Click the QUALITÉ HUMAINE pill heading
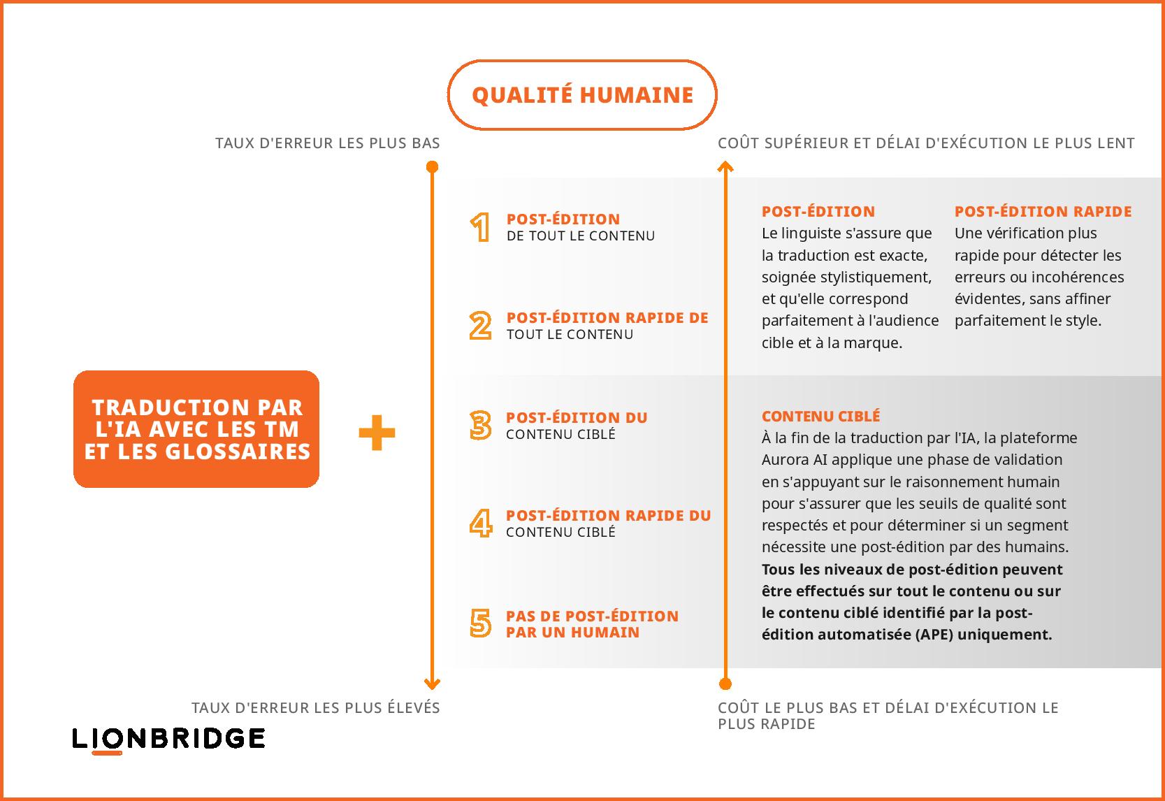(582, 94)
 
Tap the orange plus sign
(377, 432)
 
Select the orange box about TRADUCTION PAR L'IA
(196, 429)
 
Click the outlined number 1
(480, 227)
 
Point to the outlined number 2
(480, 326)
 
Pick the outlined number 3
(480, 425)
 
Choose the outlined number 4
(481, 523)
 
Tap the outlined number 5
(480, 623)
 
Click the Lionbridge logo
(168, 739)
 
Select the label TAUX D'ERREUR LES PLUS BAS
(328, 143)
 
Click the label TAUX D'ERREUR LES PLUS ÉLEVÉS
(316, 707)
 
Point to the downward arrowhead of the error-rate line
(432, 684)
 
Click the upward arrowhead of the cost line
(725, 166)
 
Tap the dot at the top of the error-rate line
(432, 167)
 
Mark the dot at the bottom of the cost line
(725, 684)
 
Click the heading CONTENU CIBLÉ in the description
(820, 416)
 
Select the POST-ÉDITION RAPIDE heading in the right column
(1043, 211)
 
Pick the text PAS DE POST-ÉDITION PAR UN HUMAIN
(592, 624)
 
